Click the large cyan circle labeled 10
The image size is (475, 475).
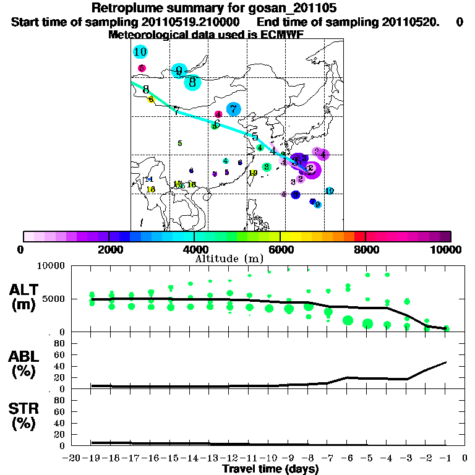140,52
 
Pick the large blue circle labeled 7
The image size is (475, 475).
233,109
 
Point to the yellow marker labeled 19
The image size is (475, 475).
253,173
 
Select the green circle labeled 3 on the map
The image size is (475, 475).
266,167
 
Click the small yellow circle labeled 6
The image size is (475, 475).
151,100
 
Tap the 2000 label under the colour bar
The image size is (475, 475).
109,249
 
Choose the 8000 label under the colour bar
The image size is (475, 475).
366,249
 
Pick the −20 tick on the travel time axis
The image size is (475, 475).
72,458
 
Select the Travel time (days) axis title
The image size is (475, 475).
270,469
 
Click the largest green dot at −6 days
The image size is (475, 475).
348,320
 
